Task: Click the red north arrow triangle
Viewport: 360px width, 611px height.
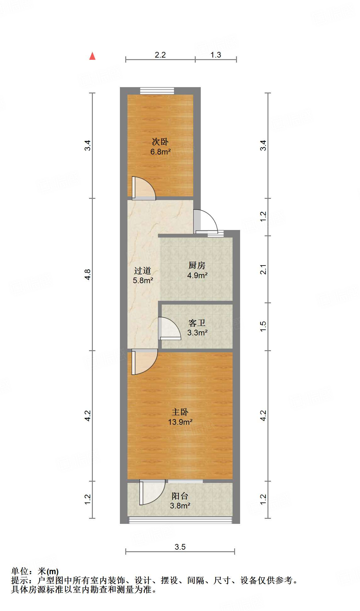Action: (x=92, y=56)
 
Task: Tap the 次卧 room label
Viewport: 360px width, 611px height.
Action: (x=160, y=142)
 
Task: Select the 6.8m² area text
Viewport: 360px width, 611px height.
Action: (x=160, y=152)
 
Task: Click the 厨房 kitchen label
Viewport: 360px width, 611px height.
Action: (x=197, y=266)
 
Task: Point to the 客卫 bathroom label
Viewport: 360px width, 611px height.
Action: (x=197, y=323)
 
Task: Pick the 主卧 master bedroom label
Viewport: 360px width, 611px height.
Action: (x=180, y=412)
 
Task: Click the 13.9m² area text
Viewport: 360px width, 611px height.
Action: (x=180, y=422)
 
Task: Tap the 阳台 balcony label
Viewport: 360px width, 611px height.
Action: (x=180, y=496)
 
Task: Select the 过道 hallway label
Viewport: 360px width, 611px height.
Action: (x=143, y=271)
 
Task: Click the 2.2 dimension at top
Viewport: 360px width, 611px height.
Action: (x=160, y=55)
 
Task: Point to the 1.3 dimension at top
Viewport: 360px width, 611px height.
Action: (x=216, y=55)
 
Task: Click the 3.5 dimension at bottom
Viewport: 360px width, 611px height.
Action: (x=180, y=547)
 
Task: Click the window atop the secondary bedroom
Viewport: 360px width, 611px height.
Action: (x=157, y=91)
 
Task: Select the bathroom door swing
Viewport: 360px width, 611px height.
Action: (x=169, y=328)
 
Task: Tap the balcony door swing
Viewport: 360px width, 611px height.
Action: (x=152, y=492)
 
